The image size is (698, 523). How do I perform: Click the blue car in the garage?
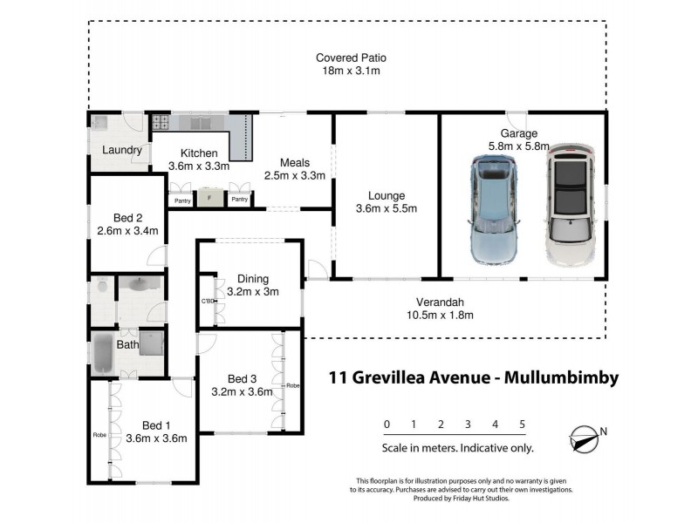[496, 209]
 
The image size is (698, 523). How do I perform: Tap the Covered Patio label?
[351, 58]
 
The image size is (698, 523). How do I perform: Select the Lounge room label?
[387, 195]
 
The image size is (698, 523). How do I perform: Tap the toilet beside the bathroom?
[100, 288]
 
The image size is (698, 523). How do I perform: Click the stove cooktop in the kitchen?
[161, 123]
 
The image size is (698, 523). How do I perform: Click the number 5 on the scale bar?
[522, 425]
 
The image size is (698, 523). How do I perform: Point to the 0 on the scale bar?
[387, 425]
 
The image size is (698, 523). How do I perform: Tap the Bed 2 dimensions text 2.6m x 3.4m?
[127, 232]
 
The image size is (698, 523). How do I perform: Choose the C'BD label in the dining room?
[209, 302]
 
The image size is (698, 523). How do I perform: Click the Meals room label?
[295, 162]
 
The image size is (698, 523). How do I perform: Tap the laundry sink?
[100, 123]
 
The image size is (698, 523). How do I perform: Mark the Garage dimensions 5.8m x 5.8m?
[518, 147]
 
